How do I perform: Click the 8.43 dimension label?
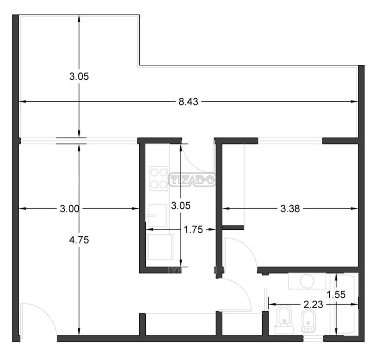(x=188, y=102)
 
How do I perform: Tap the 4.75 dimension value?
(x=79, y=240)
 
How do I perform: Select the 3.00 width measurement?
(x=69, y=209)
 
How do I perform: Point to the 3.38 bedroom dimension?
(x=290, y=209)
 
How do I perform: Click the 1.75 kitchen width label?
(x=193, y=229)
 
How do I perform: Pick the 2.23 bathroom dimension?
(x=313, y=305)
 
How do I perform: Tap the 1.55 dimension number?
(x=337, y=295)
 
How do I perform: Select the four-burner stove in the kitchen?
(x=159, y=178)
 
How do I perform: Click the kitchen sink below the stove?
(x=157, y=215)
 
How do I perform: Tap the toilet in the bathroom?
(x=284, y=320)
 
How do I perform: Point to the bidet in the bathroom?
(x=308, y=321)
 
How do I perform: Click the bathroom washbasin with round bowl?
(x=307, y=281)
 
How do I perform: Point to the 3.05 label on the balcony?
(x=79, y=76)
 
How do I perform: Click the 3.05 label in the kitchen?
(x=181, y=206)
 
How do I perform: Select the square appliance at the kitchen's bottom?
(x=160, y=247)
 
